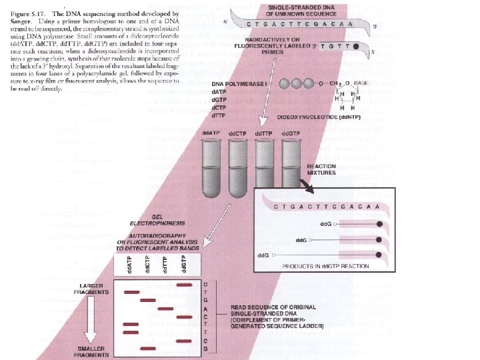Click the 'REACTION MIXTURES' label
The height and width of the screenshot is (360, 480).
coord(322,169)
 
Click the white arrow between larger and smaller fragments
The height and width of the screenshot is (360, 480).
coord(91,323)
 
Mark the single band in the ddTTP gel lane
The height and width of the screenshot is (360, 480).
coord(167,309)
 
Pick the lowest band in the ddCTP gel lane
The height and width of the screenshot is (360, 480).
coord(149,349)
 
